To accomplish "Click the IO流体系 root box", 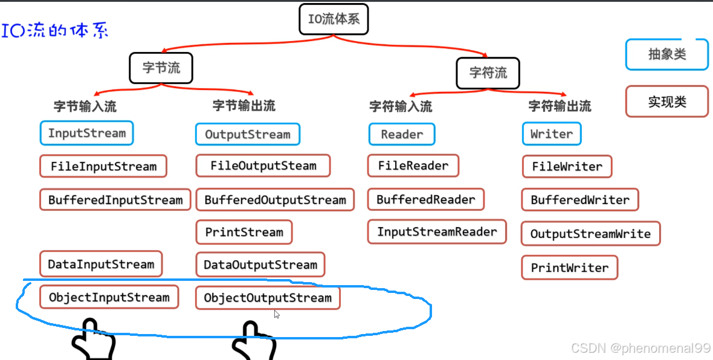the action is [x=334, y=19].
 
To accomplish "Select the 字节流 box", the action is [x=161, y=68].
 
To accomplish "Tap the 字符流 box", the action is [x=488, y=73].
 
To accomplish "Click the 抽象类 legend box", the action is [x=667, y=54].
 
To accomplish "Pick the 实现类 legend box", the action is [x=667, y=101].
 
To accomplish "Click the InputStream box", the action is [x=87, y=133].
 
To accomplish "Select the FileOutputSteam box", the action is [x=263, y=166].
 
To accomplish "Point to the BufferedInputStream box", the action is [x=115, y=200].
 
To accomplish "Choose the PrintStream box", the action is [x=244, y=233].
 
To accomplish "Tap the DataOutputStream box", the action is [x=260, y=265].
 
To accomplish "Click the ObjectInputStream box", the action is [x=109, y=298].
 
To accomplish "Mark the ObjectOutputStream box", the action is [x=268, y=298].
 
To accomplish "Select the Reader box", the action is [x=402, y=134].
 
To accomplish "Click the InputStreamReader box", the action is [x=437, y=232].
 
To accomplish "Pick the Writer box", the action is [x=552, y=134].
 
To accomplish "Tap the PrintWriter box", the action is [x=570, y=268].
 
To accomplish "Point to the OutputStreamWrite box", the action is [x=590, y=234].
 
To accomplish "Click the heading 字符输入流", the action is [x=401, y=107].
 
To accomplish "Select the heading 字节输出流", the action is [x=244, y=106].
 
